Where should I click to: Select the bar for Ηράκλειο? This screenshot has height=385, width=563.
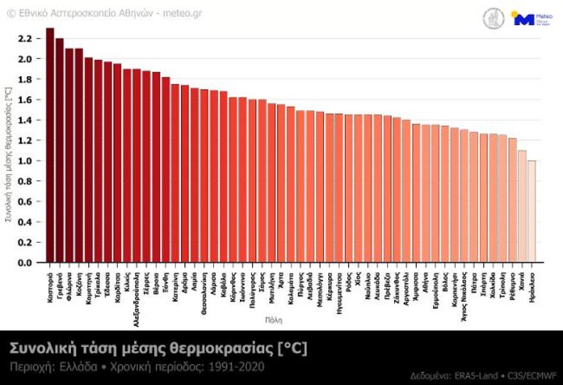coord(532,211)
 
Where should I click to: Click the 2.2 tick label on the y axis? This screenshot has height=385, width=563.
coord(25,38)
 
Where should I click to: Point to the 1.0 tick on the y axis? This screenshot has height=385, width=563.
coord(25,161)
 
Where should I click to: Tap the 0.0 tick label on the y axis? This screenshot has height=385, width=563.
coord(25,263)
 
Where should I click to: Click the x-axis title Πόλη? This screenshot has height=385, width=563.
coord(273,319)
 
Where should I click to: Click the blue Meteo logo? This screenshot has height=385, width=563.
coord(524,19)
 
